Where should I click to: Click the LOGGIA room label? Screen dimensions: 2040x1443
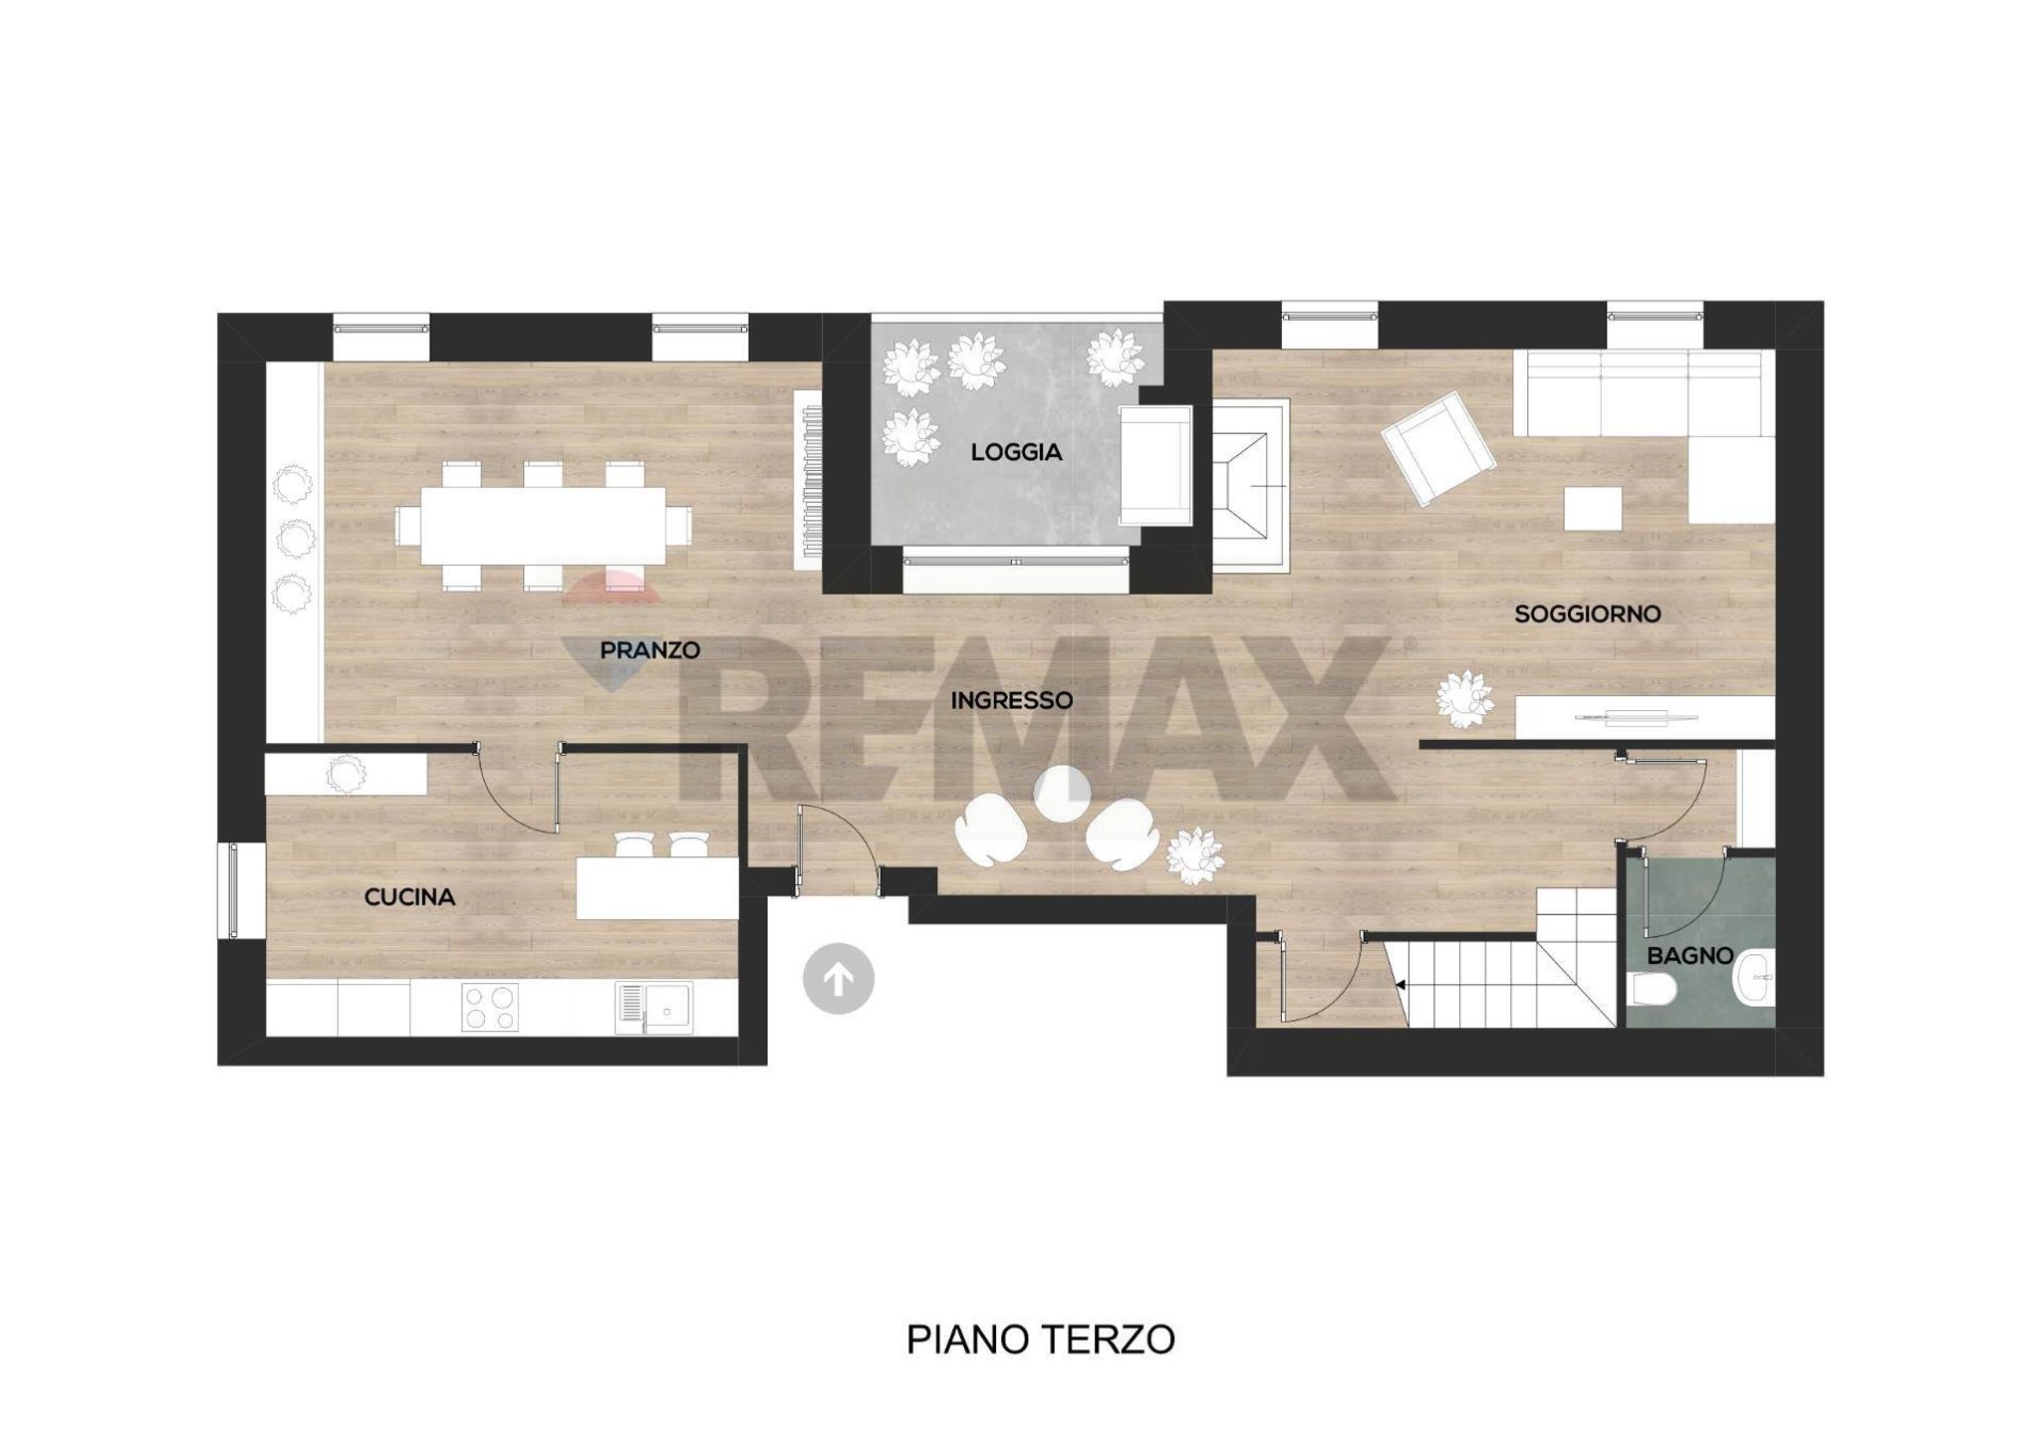pyautogui.click(x=1016, y=452)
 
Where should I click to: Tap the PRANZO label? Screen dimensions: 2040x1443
pyautogui.click(x=649, y=650)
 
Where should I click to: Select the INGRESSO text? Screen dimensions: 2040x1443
pyautogui.click(x=1011, y=700)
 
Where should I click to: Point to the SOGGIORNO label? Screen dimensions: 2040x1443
pyautogui.click(x=1588, y=614)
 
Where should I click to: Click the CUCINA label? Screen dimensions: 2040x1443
pyautogui.click(x=409, y=897)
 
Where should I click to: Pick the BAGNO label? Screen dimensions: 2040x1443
pyautogui.click(x=1690, y=956)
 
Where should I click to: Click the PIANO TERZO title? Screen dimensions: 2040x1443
pyautogui.click(x=1040, y=1340)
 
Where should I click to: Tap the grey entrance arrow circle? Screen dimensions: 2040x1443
pyautogui.click(x=839, y=979)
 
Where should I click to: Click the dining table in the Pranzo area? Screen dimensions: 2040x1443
pyautogui.click(x=543, y=525)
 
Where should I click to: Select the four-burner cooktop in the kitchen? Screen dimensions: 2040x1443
pyautogui.click(x=490, y=1007)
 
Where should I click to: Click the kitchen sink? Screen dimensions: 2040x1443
pyautogui.click(x=653, y=1008)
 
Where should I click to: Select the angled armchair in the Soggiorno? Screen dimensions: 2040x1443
pyautogui.click(x=1437, y=448)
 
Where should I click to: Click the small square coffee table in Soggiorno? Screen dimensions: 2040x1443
pyautogui.click(x=1593, y=508)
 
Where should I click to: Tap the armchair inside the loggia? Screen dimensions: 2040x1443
pyautogui.click(x=1155, y=465)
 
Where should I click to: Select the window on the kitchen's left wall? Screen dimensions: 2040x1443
pyautogui.click(x=232, y=890)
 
